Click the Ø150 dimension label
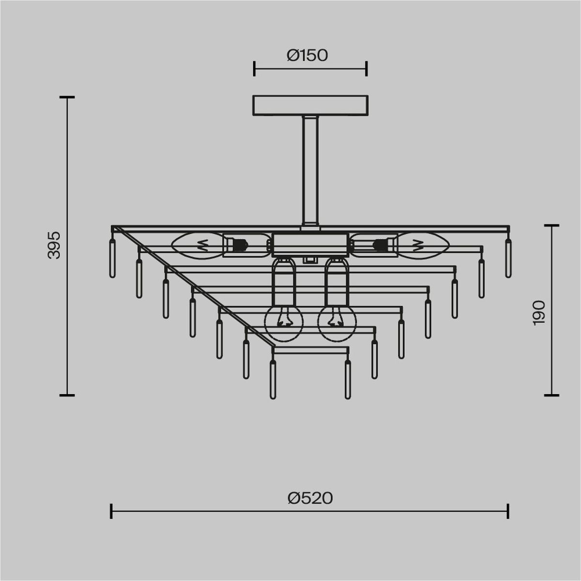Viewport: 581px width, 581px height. pyautogui.click(x=307, y=56)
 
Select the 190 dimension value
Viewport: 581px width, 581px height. pyautogui.click(x=539, y=312)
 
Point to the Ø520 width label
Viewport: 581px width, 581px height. pyautogui.click(x=310, y=498)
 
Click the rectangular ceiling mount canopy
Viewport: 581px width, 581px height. pyautogui.click(x=310, y=106)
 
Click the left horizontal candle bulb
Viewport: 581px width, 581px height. pyautogui.click(x=199, y=246)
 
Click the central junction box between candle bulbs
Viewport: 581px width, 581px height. pyautogui.click(x=310, y=245)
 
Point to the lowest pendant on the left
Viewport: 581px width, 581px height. pyautogui.click(x=273, y=380)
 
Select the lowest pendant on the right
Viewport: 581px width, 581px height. pyautogui.click(x=348, y=380)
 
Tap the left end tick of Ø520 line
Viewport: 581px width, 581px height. pyautogui.click(x=112, y=511)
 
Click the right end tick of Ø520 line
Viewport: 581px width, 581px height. pyautogui.click(x=508, y=511)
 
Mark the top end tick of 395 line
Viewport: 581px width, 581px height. pyautogui.click(x=67, y=97)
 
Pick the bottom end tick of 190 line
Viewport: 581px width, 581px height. pyautogui.click(x=551, y=395)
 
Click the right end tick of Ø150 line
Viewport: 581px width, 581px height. pyautogui.click(x=367, y=69)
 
